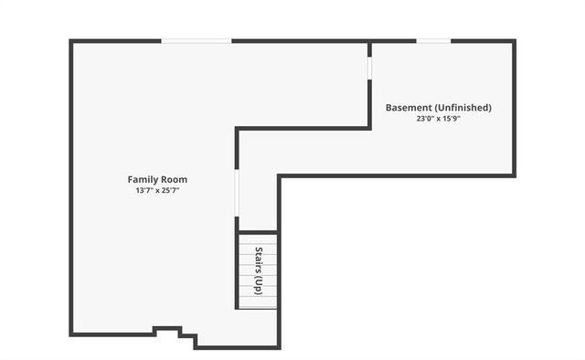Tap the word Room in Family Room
pos(173,179)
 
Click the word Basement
pos(408,107)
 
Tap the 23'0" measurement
pos(427,119)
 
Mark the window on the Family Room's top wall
pos(197,40)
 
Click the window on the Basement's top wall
pos(434,40)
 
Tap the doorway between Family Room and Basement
pos(369,68)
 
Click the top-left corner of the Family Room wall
pos(71,41)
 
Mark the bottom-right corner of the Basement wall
pos(514,175)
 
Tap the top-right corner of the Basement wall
pos(514,41)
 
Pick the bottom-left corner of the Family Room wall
pos(71,334)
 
